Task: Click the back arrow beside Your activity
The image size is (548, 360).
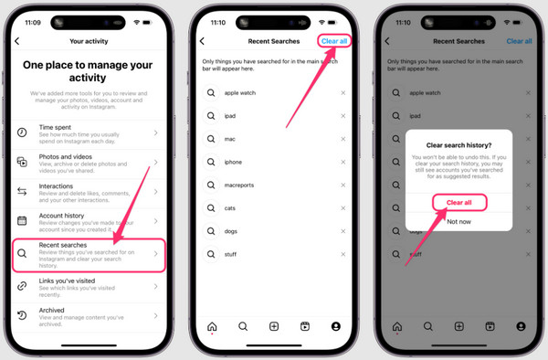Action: [17, 41]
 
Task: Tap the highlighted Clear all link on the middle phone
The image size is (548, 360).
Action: [334, 41]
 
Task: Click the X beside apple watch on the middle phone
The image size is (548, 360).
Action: [343, 93]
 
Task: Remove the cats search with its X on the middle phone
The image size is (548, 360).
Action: [343, 208]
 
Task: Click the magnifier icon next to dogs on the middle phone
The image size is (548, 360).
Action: [212, 231]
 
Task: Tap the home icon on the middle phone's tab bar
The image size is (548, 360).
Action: [212, 326]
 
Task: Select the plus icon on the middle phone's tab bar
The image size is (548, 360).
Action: [274, 326]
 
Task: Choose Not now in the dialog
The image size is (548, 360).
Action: [458, 220]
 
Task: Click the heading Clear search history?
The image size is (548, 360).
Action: [458, 143]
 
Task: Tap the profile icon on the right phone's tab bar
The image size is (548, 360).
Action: [521, 326]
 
